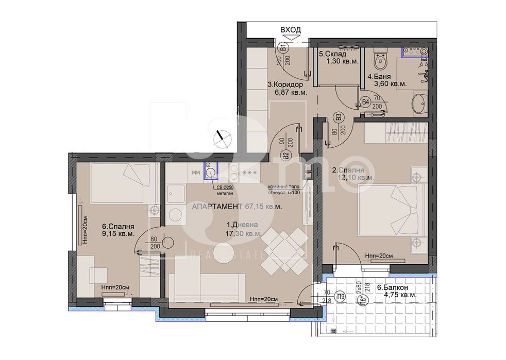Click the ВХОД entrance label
pos(290,30)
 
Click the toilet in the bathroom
pos(381,61)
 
